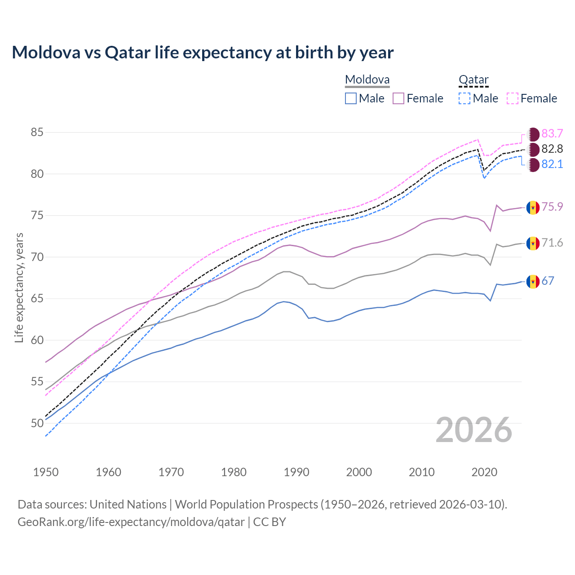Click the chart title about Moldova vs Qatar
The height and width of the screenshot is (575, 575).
pyautogui.click(x=203, y=53)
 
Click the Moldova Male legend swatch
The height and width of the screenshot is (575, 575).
pyautogui.click(x=351, y=98)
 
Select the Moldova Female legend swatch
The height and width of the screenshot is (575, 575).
pyautogui.click(x=398, y=98)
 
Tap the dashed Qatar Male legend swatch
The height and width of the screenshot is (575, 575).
pyautogui.click(x=464, y=98)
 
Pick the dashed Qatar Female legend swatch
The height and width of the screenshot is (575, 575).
pyautogui.click(x=512, y=98)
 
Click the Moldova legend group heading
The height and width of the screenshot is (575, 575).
pyautogui.click(x=367, y=80)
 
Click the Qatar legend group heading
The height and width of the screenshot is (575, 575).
pyautogui.click(x=473, y=80)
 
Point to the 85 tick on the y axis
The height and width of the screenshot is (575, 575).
pyautogui.click(x=37, y=133)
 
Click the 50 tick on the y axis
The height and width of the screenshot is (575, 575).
pyautogui.click(x=37, y=423)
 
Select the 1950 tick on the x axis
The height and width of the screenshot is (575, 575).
pyautogui.click(x=46, y=472)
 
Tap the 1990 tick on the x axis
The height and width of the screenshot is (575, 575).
pyautogui.click(x=296, y=472)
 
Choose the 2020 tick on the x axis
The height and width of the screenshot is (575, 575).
pyautogui.click(x=484, y=472)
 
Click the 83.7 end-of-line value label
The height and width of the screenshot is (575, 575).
pyautogui.click(x=552, y=134)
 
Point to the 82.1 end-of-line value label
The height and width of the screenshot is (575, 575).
pyautogui.click(x=552, y=164)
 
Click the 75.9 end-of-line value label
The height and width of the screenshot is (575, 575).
pyautogui.click(x=552, y=207)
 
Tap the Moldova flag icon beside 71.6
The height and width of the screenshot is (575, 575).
pyautogui.click(x=533, y=243)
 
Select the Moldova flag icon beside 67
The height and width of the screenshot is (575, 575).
pyautogui.click(x=533, y=282)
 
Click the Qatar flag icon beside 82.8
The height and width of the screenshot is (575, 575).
pyautogui.click(x=533, y=149)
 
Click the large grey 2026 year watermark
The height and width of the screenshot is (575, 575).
pyautogui.click(x=474, y=430)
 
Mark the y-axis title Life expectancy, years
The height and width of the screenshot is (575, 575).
pyautogui.click(x=19, y=287)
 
